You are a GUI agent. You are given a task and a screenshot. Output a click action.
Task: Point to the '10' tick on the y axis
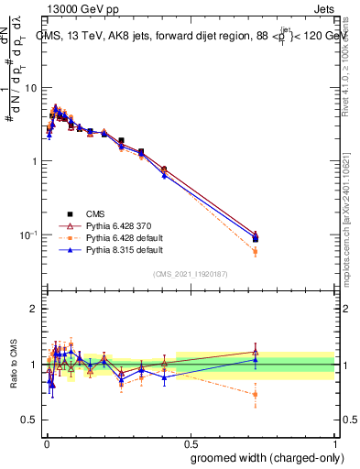[x=31, y=88]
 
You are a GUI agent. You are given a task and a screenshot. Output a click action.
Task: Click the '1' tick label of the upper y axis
[x=35, y=161]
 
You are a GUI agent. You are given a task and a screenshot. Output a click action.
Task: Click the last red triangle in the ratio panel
[x=255, y=352]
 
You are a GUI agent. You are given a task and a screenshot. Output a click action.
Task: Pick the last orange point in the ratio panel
[x=255, y=395]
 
